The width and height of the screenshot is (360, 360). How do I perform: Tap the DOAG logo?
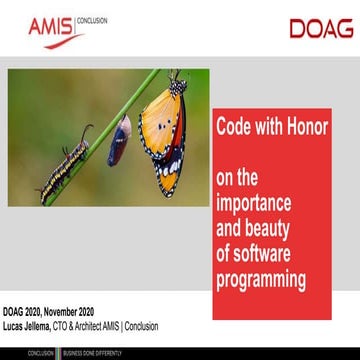point(321,28)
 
